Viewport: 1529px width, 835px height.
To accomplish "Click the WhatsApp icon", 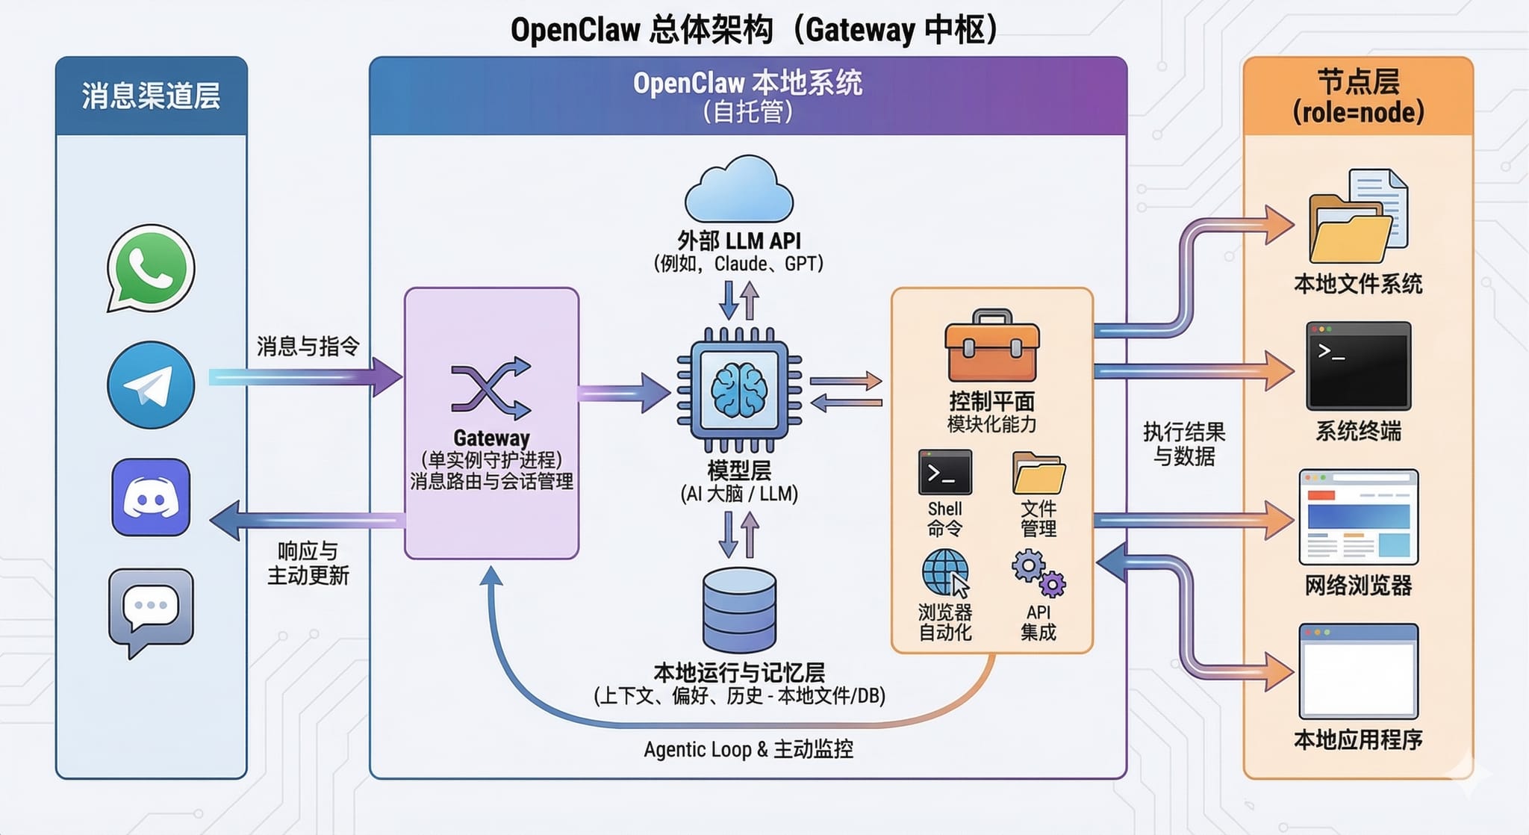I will (151, 269).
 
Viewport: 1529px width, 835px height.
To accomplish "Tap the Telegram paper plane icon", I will (151, 385).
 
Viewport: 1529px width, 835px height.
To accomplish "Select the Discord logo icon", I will (151, 497).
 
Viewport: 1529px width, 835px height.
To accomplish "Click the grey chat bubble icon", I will (151, 609).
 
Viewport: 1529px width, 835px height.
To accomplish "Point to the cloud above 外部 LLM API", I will (739, 190).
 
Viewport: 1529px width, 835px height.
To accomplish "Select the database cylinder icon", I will (739, 609).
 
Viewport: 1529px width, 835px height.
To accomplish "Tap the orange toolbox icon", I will (991, 348).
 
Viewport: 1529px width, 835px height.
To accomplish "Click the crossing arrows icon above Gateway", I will (491, 388).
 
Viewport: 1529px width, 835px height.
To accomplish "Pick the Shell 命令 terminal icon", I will (945, 473).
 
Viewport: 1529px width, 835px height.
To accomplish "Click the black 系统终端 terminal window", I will (1358, 366).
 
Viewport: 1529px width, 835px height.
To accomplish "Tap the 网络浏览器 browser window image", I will (1358, 517).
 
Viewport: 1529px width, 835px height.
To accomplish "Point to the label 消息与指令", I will (308, 347).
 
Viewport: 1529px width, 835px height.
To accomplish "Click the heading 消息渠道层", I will (151, 96).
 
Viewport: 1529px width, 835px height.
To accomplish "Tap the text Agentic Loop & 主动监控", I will (748, 749).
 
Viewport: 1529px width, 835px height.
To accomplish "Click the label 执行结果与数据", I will (1184, 444).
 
